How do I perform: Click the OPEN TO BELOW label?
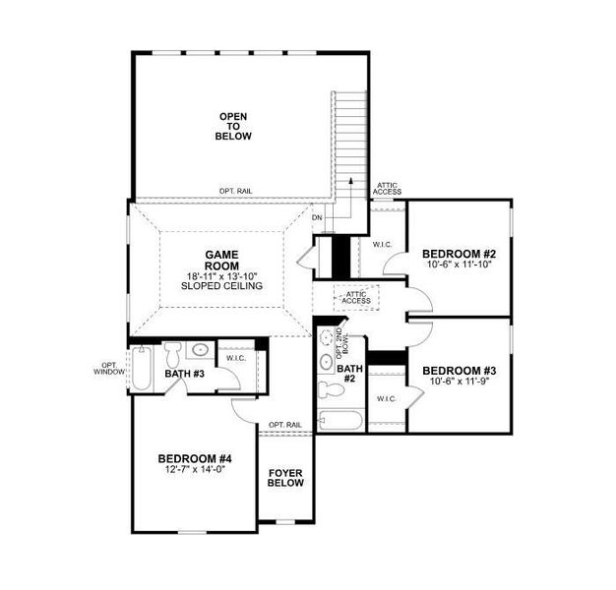tap(233, 126)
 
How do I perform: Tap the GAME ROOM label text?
tap(221, 260)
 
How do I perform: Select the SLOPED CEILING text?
tap(221, 286)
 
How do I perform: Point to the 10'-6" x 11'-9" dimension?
tap(460, 383)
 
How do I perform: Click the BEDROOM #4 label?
tap(195, 458)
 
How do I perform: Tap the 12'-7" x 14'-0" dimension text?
tap(195, 471)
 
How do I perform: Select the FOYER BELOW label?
tap(285, 478)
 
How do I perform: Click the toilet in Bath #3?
tap(172, 352)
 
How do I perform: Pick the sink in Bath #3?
tap(200, 349)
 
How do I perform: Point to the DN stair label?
tap(317, 217)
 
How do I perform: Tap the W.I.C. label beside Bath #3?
tap(235, 358)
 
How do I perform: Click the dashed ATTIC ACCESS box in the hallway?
tap(355, 296)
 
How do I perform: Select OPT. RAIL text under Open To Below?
tap(237, 191)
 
